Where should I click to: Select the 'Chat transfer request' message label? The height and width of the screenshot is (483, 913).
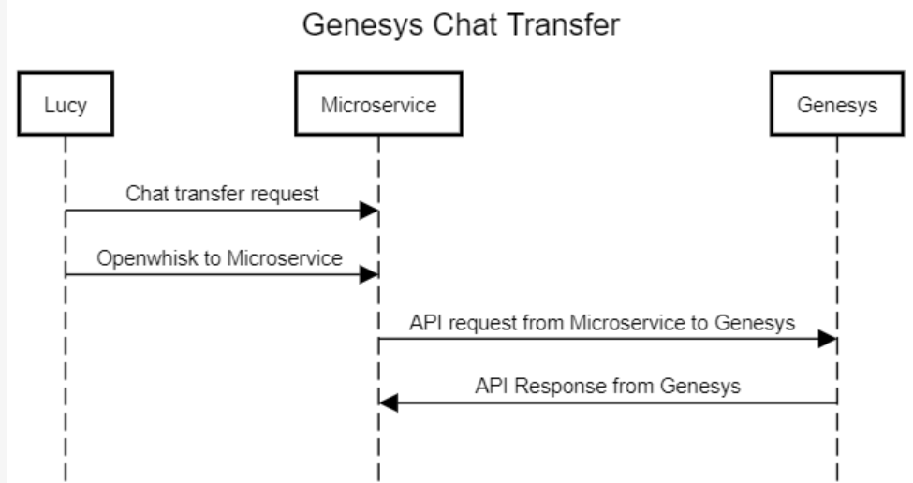[x=222, y=194]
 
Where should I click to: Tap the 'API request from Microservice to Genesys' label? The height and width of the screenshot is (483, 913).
[x=602, y=323]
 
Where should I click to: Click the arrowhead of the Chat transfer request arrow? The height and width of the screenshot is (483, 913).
[x=369, y=211]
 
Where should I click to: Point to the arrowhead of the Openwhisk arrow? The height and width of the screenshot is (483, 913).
[x=369, y=275]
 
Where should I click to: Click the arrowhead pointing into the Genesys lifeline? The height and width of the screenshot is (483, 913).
[x=828, y=339]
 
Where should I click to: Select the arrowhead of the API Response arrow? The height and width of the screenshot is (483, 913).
[x=389, y=403]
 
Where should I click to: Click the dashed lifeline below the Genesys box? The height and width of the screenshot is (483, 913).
[x=837, y=440]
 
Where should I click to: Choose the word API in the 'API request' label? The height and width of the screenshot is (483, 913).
[x=424, y=323]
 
